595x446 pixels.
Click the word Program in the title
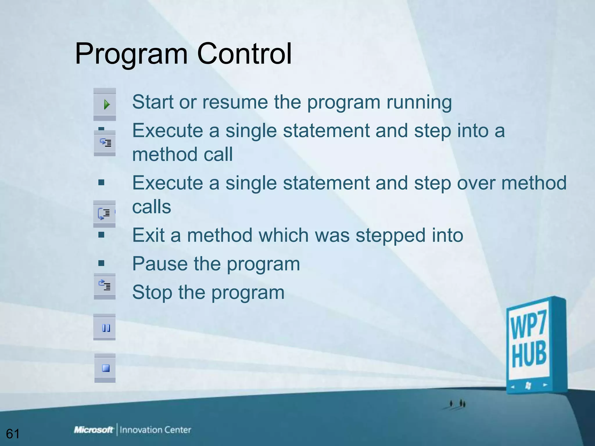(131, 54)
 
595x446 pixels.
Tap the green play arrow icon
(106, 105)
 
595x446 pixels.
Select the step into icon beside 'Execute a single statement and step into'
(105, 143)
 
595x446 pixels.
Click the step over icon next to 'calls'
(104, 214)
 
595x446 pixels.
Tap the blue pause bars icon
(106, 328)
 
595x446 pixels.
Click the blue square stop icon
(106, 368)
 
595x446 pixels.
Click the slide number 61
(13, 434)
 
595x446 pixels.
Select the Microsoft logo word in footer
(93, 430)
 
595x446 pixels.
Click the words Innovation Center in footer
(155, 430)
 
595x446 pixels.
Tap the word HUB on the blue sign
(529, 355)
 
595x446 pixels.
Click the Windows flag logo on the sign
(528, 386)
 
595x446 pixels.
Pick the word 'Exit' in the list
(148, 235)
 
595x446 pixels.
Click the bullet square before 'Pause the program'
(101, 263)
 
